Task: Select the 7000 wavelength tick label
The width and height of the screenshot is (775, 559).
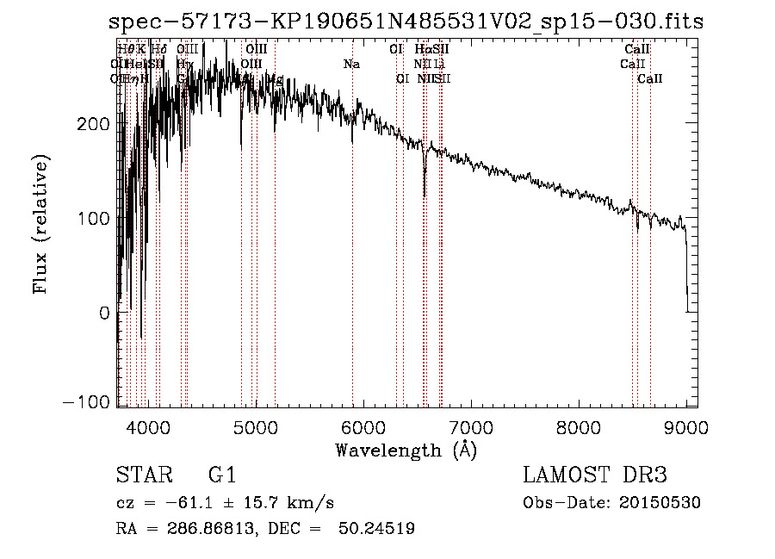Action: coord(471,426)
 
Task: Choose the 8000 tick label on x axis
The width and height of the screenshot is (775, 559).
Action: coord(579,426)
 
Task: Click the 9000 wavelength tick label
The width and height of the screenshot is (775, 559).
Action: coord(686,426)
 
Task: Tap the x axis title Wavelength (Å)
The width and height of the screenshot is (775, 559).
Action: coord(406,450)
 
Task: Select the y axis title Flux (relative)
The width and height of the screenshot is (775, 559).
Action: coord(41,225)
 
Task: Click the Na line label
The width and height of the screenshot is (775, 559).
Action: coord(351,64)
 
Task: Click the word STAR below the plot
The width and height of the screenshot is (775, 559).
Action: coord(144,475)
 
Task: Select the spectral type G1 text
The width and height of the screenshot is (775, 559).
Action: coord(221,475)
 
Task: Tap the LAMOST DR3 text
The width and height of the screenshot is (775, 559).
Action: coord(594,475)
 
